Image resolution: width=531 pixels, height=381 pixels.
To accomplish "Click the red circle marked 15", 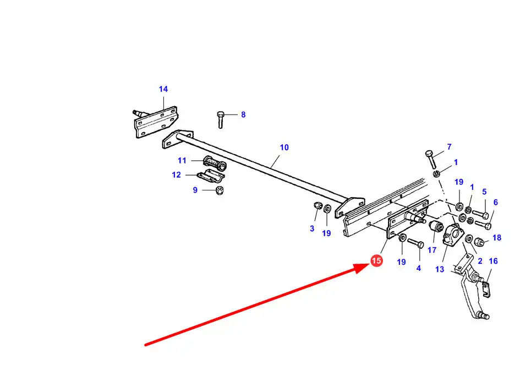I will (377, 261).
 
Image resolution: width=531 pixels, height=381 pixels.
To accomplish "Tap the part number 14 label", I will (163, 89).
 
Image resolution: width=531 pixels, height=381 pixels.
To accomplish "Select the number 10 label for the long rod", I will (284, 148).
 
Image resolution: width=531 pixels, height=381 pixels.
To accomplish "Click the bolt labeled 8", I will (221, 119).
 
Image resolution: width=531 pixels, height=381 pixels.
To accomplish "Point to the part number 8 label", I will (243, 115).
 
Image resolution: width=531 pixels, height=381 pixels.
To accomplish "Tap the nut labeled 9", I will (219, 190).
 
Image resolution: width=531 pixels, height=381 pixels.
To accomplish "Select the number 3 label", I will (312, 228).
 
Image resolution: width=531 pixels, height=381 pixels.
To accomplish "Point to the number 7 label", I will (449, 147).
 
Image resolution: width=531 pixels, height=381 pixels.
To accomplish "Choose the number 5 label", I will (484, 192).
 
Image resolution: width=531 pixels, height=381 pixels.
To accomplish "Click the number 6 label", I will (495, 203).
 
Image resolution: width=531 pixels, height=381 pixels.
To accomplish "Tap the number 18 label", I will (497, 238).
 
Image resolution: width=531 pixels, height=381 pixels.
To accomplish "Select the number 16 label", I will (493, 261).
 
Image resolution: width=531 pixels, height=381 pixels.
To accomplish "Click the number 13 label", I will (440, 269).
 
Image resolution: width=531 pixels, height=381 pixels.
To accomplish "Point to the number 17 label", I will (432, 250).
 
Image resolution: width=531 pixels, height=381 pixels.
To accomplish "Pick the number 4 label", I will (418, 268).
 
